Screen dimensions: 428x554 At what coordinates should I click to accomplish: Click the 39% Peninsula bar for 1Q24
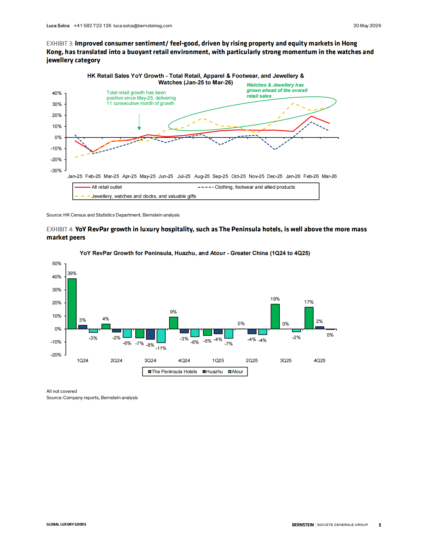72,304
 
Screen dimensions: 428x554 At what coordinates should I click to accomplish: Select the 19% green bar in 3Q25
275,316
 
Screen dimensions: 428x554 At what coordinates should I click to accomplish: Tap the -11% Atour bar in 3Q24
161,336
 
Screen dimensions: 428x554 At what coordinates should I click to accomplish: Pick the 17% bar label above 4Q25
309,302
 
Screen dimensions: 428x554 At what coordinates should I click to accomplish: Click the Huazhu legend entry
213,372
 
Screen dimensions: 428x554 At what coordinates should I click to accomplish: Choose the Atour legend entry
236,372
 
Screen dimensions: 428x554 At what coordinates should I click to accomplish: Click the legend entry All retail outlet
98,187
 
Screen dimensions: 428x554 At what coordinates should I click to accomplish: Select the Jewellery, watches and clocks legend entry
135,196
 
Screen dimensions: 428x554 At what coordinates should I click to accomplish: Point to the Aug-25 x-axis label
202,176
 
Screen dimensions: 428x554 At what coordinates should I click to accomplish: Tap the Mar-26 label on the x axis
329,176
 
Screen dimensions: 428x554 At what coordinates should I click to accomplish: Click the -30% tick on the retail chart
56,171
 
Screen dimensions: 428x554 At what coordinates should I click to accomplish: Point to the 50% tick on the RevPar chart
57,264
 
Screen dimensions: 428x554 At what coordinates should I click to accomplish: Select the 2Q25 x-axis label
252,361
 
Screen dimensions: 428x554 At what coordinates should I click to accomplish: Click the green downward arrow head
139,128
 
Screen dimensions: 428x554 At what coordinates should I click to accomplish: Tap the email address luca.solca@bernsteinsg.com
143,26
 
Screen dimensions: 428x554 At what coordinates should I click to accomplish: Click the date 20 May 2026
367,26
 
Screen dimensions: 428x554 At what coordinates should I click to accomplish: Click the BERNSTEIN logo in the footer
303,525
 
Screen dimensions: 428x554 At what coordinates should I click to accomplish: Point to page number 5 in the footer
380,525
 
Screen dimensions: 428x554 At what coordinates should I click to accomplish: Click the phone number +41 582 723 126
92,26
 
